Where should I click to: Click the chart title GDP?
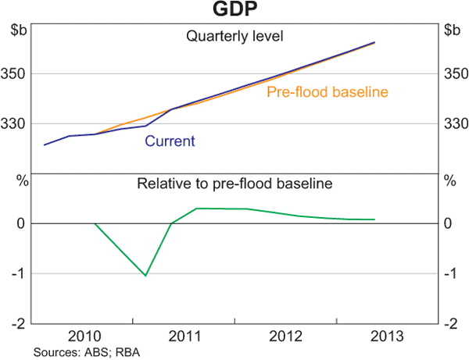point(234,10)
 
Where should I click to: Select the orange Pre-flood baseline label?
point(328,92)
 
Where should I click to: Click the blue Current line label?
point(170,141)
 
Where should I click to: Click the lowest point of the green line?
point(145,275)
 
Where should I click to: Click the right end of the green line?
point(374,219)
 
